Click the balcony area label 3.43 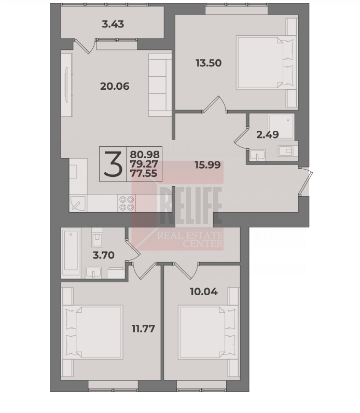coord(113,24)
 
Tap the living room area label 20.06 coord(115,86)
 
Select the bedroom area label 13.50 coord(209,63)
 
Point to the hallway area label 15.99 coord(207,165)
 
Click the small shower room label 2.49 coord(268,134)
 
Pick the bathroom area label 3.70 coord(104,255)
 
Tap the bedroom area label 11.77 coord(143,328)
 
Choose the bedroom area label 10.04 coord(204,292)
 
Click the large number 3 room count coord(113,164)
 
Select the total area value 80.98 coord(145,154)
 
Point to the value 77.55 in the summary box coord(144,174)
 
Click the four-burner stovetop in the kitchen coord(127,203)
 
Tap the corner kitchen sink coord(78,203)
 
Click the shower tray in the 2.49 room coord(281,126)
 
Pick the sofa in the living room coord(160,85)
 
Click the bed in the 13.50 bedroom coord(265,63)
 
